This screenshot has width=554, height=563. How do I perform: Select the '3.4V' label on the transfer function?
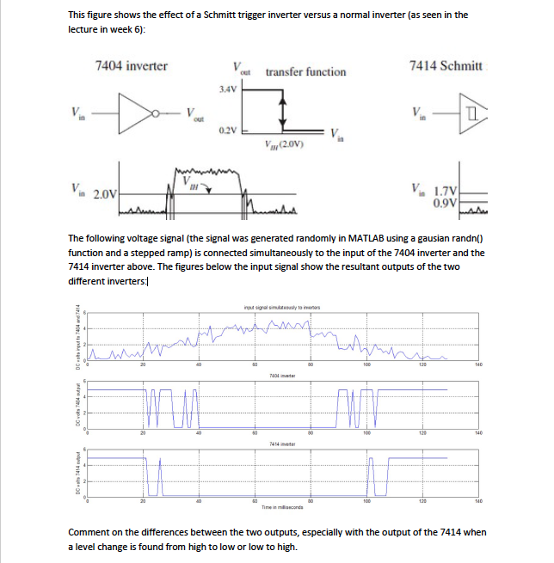(x=228, y=89)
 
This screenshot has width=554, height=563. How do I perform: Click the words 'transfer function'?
(x=305, y=72)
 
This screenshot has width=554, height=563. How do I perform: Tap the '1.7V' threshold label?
(x=446, y=191)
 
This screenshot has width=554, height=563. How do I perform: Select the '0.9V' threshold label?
(x=447, y=203)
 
